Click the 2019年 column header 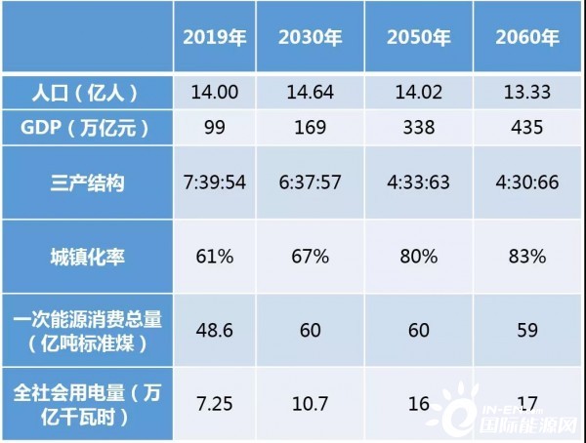point(220,40)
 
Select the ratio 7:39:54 point(220,181)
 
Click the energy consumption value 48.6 point(220,329)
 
